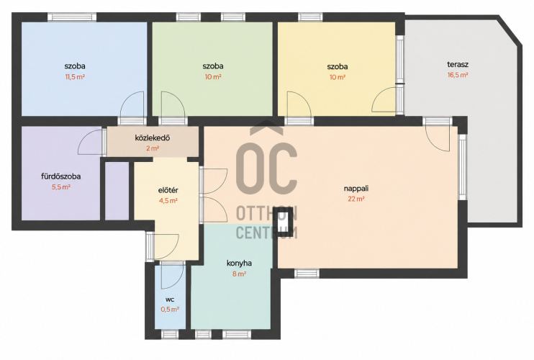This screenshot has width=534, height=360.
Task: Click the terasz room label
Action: click(x=458, y=64)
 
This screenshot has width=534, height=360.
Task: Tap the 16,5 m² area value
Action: click(x=458, y=76)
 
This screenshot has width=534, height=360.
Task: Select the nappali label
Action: click(x=356, y=189)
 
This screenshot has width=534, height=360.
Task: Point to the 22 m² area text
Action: click(x=356, y=199)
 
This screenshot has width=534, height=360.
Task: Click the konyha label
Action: click(x=239, y=264)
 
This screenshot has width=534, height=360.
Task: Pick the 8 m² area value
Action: click(x=239, y=274)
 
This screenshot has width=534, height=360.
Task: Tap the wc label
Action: click(x=170, y=300)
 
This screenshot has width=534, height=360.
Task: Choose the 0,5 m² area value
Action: click(x=170, y=310)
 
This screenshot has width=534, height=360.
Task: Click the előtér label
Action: click(x=168, y=190)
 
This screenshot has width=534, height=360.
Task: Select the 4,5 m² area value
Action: click(x=168, y=201)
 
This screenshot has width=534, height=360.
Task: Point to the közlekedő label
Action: click(x=153, y=138)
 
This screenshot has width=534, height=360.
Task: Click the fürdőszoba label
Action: click(x=61, y=176)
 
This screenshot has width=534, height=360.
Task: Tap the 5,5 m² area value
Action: click(x=61, y=187)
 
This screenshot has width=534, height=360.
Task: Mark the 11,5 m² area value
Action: click(x=75, y=76)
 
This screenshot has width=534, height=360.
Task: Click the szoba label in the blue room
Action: click(x=75, y=66)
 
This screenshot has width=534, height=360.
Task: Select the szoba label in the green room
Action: click(x=213, y=66)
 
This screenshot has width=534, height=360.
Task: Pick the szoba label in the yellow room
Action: click(x=338, y=66)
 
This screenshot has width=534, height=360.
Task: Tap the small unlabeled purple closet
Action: click(x=117, y=191)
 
